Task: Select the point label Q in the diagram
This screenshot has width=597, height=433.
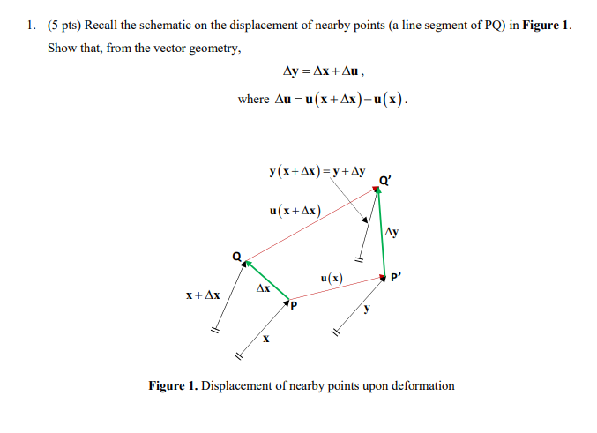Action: pos(235,257)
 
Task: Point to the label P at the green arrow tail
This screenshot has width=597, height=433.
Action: pos(294,306)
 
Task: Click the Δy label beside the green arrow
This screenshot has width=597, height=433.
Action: pos(392,233)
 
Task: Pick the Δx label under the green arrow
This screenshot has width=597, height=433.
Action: pos(263,288)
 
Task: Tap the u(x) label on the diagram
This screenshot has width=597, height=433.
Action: pos(332,279)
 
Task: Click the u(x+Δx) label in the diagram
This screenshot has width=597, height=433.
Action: pos(295,211)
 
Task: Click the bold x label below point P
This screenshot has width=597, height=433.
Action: pos(265,338)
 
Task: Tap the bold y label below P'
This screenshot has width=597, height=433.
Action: pos(367,308)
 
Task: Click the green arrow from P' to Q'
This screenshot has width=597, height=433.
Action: pos(381,234)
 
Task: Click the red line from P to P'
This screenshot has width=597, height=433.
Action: pos(340,289)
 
